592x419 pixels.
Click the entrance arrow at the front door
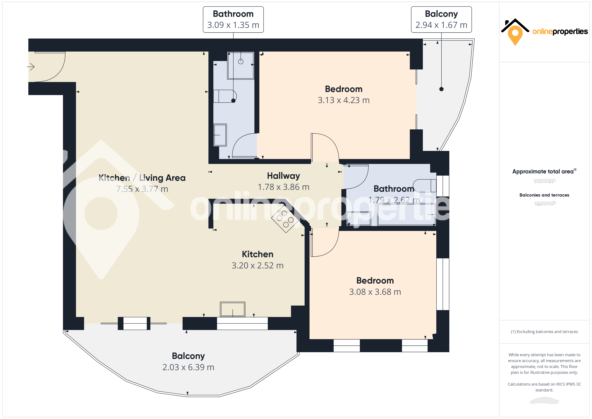tap(31, 67)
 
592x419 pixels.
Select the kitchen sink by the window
tap(233, 309)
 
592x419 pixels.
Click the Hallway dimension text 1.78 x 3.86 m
tap(283, 187)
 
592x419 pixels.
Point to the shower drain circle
tap(241, 62)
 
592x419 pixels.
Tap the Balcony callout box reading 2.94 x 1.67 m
tap(441, 20)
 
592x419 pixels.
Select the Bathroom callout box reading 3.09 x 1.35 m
tap(233, 20)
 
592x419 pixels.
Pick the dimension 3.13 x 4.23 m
tap(343, 100)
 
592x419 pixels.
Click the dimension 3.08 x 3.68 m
tap(375, 292)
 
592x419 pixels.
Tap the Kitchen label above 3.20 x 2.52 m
tap(257, 254)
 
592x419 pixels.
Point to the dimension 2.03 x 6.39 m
tap(188, 367)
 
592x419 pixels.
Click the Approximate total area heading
tap(543, 172)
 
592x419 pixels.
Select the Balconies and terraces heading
tap(544, 195)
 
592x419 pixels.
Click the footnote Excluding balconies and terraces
tap(544, 332)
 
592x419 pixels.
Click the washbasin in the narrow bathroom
tap(220, 135)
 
